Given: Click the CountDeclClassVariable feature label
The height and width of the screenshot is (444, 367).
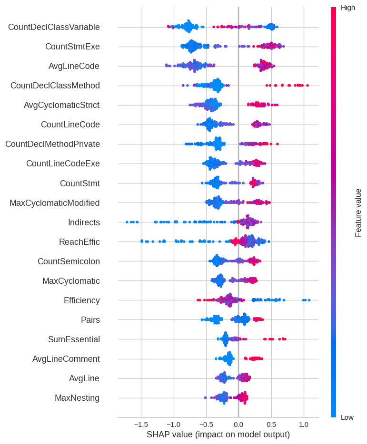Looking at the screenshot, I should pos(54,27).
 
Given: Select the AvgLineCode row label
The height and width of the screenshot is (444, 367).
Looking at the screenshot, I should pos(74,66).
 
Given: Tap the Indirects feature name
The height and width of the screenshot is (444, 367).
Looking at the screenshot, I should pos(84,222).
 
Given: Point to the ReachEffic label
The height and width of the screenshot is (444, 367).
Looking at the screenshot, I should pos(79,242).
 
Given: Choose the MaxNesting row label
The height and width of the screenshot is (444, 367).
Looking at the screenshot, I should pos(77,398).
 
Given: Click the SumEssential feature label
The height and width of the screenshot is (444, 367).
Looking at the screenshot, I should pos(74,339).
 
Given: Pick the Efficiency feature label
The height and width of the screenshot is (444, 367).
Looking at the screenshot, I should pos(81,300).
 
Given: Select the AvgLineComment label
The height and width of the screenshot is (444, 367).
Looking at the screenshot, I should pos(66,359).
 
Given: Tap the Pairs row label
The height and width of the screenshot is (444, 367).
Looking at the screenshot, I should pos(90,320).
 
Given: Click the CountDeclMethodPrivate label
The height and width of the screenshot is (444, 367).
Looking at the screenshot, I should pos(52,144).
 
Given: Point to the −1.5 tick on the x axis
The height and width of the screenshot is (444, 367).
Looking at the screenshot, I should pos(140,424).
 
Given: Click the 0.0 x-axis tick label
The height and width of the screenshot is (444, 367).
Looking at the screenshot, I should pos(238,424).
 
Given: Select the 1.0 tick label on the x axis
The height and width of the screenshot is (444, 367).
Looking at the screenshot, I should pos(304,424).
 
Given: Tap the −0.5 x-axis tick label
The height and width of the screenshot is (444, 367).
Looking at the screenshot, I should pos(206,424).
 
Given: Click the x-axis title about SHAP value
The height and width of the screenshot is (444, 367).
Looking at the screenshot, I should pos(218,434).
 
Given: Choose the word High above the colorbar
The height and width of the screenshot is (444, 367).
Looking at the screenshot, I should pos(348,8).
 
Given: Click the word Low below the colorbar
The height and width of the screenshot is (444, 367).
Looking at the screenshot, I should pos(347,417).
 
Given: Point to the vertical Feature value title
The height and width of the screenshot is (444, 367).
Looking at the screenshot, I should pos(358,212).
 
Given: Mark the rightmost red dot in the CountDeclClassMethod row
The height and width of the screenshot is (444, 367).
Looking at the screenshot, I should pos(307,86).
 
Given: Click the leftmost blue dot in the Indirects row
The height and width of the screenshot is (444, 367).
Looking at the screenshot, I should pos(127,222).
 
